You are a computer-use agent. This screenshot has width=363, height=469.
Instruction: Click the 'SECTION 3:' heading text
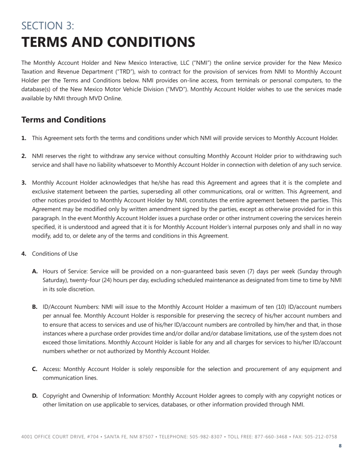[x=48, y=26]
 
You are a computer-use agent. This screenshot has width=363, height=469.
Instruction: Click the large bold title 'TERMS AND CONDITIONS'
[x=108, y=42]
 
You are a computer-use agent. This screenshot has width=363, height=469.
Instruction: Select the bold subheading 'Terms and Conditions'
[x=63, y=120]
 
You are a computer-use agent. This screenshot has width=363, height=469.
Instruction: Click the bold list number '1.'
[x=24, y=138]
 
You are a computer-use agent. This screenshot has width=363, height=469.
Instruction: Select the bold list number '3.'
[x=24, y=183]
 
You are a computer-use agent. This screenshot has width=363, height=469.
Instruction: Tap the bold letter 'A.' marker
[x=35, y=271]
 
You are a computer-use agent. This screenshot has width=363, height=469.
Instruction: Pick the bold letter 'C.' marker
[x=35, y=369]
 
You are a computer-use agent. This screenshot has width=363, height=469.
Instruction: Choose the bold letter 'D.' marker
[x=35, y=396]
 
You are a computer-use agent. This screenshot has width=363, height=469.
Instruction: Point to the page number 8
[x=340, y=446]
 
